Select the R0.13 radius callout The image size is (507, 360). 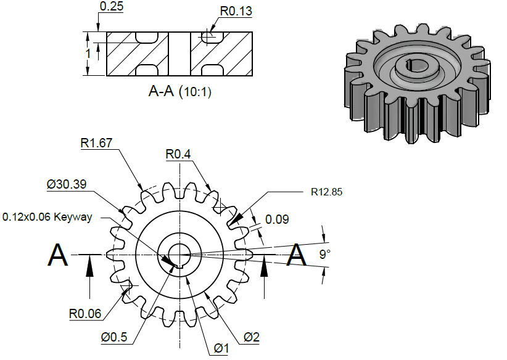(236, 11)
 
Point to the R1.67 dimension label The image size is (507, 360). (96, 144)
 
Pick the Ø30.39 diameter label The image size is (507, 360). (65, 184)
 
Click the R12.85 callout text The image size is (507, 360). (326, 192)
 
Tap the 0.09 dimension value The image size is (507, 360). (276, 219)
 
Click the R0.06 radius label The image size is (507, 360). (85, 313)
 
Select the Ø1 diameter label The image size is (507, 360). (221, 349)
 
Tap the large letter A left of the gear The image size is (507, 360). (58, 255)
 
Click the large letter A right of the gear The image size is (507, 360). (298, 255)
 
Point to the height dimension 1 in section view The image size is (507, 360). (88, 54)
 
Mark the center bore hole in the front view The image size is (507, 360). (179, 253)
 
